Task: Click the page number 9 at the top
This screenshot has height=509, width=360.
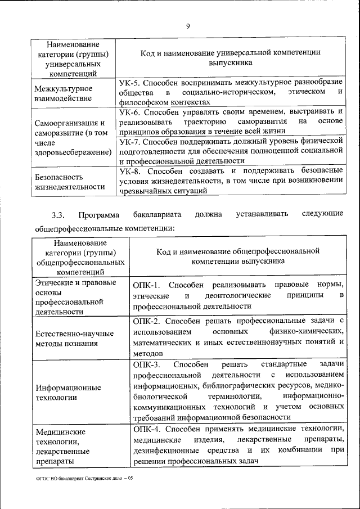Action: click(188, 25)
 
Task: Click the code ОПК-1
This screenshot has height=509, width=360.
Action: click(147, 285)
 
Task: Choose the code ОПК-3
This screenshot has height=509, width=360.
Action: click(147, 364)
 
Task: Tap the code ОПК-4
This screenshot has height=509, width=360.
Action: click(147, 429)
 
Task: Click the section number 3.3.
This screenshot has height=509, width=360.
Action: click(58, 214)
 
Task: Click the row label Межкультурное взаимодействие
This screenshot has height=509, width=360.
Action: click(64, 94)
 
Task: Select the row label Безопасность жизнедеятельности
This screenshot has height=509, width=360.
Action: click(69, 182)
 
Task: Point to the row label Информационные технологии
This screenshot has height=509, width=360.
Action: click(68, 392)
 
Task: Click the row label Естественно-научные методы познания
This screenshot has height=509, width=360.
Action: click(74, 338)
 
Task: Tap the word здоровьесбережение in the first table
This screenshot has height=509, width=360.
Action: click(71, 152)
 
